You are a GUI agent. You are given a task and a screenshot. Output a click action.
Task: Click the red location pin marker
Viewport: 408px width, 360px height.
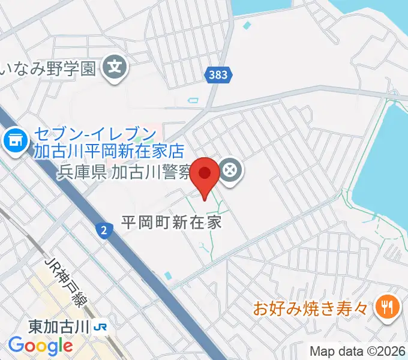click(x=205, y=175)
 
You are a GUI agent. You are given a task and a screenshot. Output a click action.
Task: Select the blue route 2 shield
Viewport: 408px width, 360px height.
click(x=105, y=230)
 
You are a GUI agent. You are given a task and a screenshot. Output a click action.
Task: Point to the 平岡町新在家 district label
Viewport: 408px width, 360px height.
click(x=172, y=222)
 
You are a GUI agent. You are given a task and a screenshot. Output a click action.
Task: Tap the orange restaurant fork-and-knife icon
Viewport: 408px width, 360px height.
click(x=385, y=308)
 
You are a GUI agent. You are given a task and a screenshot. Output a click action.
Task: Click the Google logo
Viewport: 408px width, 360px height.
click(x=40, y=346)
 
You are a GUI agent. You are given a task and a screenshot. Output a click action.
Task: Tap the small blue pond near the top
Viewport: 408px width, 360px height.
click(x=247, y=26)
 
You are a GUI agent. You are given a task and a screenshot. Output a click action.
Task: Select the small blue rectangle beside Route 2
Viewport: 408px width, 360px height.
click(x=167, y=275)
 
